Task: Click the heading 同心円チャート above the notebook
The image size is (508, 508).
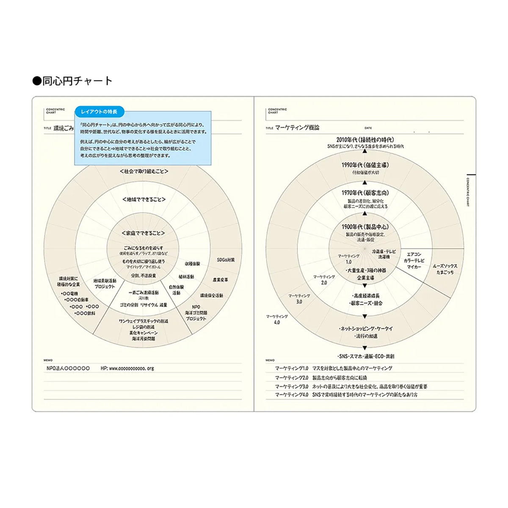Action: click(73, 81)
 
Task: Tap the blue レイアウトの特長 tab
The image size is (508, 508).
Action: click(99, 112)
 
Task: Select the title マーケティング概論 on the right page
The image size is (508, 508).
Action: click(297, 127)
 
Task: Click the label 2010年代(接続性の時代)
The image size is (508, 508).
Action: click(365, 140)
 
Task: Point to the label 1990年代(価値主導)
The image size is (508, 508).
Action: click(365, 165)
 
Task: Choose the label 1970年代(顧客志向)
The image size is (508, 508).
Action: click(365, 193)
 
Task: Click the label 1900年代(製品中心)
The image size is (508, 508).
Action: click(365, 227)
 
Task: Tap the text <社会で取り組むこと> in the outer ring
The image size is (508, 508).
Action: click(144, 171)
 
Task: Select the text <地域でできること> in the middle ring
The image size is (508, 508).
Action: click(144, 199)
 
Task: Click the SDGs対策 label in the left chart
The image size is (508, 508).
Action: click(226, 260)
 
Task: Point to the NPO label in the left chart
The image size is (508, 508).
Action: click(196, 307)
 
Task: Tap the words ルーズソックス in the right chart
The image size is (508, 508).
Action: click(445, 266)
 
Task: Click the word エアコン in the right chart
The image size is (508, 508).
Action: click(414, 255)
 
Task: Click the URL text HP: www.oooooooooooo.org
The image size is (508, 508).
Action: click(127, 368)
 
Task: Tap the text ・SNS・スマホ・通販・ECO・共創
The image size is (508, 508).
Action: click(366, 356)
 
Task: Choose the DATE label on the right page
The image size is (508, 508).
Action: click(368, 128)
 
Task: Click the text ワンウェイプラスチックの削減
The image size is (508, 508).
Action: click(144, 321)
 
